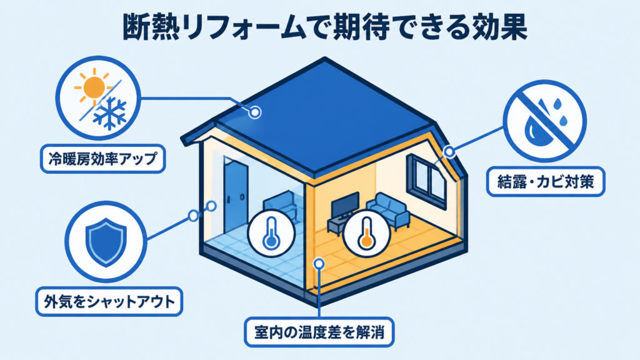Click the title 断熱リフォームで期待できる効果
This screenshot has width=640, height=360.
[x=325, y=27]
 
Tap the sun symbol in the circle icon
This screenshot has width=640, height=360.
[x=94, y=85]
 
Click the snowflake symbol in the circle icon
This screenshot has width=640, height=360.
[x=109, y=112]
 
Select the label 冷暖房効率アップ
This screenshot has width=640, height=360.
[x=103, y=158]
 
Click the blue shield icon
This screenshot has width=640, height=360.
[x=106, y=242]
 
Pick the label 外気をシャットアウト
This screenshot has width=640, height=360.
[x=109, y=302]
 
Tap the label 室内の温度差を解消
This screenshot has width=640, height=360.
[x=319, y=332]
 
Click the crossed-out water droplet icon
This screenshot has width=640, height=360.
[x=544, y=121]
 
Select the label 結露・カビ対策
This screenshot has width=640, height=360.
[x=546, y=182]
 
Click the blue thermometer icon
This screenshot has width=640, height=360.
[x=271, y=233]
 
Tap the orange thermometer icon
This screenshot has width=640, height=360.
[x=366, y=233]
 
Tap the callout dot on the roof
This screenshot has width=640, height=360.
[x=255, y=111]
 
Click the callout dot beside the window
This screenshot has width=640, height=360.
[x=449, y=152]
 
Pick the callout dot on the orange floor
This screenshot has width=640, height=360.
[x=319, y=264]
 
